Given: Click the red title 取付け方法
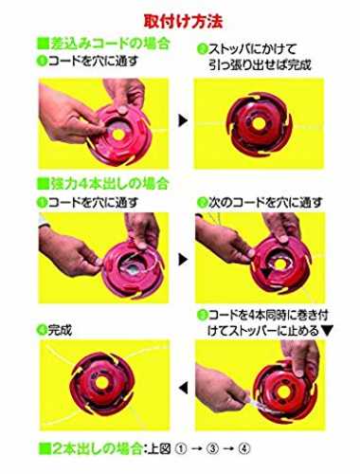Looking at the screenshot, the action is click(183, 22).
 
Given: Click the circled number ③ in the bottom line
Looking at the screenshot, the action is click(213, 448).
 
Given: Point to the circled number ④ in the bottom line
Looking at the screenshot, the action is click(244, 448).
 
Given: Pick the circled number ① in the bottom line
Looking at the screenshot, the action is click(181, 448).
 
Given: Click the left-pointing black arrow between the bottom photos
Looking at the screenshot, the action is click(184, 388).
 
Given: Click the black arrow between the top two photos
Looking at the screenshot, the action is click(183, 120).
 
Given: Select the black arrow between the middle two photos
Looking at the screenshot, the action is click(183, 260).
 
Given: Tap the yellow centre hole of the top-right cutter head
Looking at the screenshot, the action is click(259, 124).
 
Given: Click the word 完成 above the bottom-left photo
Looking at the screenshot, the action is click(60, 330).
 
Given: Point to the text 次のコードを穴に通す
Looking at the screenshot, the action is click(265, 203).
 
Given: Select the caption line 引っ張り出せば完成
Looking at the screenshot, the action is click(260, 64).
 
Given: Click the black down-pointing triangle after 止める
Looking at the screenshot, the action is click(327, 331).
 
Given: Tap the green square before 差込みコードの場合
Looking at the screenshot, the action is click(43, 44).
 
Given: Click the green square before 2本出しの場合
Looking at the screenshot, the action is click(44, 448).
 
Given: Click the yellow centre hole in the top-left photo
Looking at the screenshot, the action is click(118, 134).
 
